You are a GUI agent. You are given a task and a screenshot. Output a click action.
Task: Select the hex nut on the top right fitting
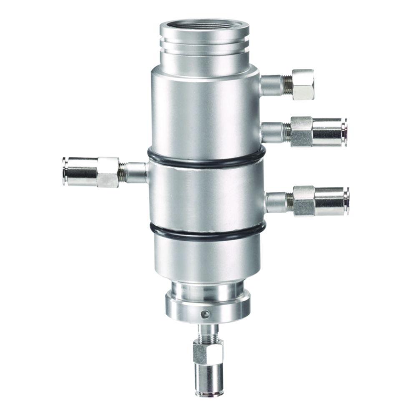click(303, 85)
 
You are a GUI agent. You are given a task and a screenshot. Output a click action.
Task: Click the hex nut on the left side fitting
click(108, 172)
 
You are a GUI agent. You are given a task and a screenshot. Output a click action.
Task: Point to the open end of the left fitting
click(65, 171)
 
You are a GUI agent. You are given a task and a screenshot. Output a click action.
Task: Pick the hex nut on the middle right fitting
click(301, 131)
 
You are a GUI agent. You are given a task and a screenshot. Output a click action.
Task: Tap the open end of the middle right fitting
click(344, 132)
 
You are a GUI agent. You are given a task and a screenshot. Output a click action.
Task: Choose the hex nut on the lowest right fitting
click(304, 201)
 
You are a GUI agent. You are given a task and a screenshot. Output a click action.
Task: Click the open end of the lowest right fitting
click(347, 201)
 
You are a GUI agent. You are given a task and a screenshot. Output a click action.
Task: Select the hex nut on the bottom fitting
click(208, 351)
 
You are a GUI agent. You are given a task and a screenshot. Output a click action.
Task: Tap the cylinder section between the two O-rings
click(206, 196)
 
